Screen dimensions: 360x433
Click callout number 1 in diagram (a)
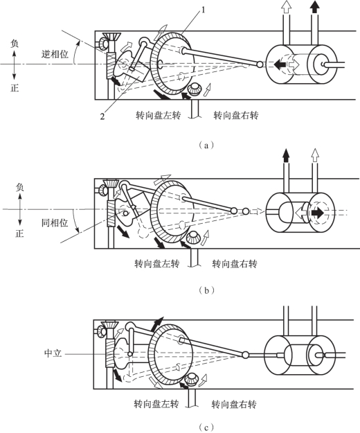(x=203, y=10)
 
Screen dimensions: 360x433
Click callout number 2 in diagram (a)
(x=102, y=116)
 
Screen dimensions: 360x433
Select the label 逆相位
(x=55, y=54)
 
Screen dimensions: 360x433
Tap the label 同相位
(x=55, y=222)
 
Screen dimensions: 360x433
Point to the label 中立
(x=53, y=353)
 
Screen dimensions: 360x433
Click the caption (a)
(x=206, y=145)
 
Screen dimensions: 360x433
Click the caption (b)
(x=206, y=290)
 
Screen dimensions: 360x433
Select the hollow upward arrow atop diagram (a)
(x=287, y=7)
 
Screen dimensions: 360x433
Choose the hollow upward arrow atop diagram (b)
(x=314, y=155)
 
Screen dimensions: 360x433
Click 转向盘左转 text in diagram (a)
(x=158, y=115)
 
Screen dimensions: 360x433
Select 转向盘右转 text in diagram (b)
(x=235, y=264)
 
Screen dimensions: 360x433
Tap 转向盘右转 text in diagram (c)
(x=234, y=405)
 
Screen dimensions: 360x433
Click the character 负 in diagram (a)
(x=15, y=44)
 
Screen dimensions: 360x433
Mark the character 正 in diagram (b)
(x=19, y=233)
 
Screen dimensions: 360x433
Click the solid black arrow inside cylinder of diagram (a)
(x=280, y=64)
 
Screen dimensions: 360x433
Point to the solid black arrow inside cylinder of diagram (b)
(x=317, y=213)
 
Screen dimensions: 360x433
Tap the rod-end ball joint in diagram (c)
(x=245, y=355)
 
